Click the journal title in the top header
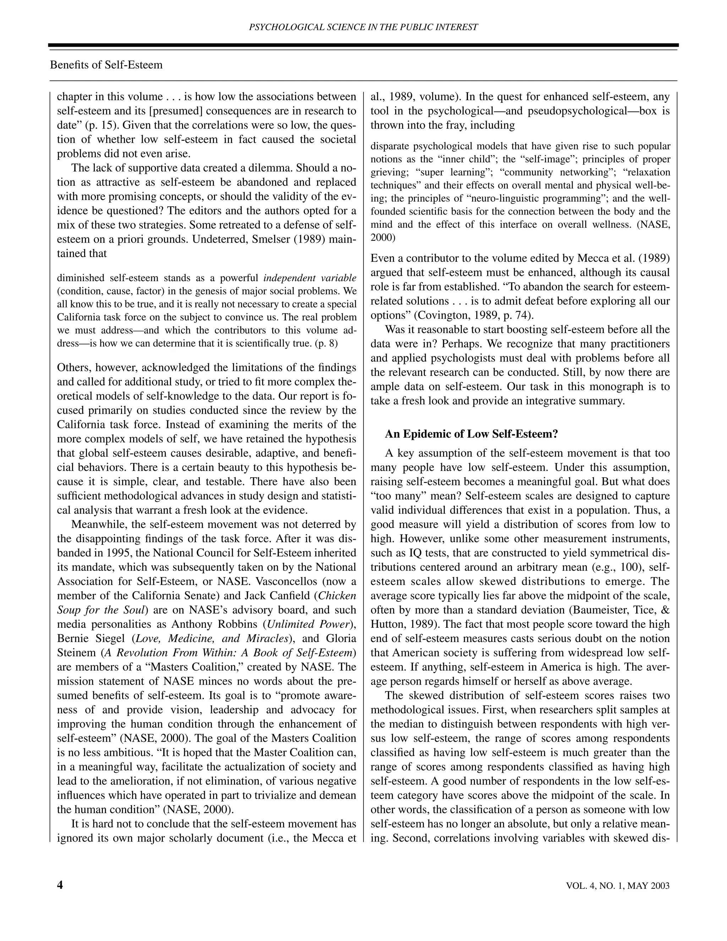363,27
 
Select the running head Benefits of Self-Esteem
106,65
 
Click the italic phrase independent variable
310,278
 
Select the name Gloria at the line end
341,638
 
